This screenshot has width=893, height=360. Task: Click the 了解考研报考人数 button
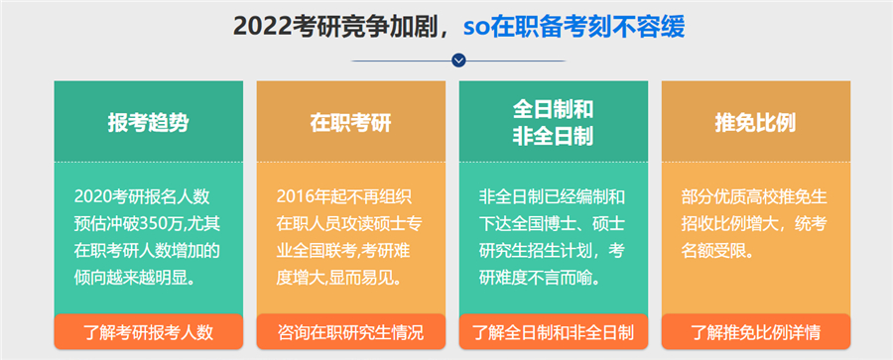148,331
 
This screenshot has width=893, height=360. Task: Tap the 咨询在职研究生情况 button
350,331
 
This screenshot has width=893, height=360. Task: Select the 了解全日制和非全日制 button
553,331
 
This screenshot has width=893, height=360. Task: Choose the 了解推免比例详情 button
755,331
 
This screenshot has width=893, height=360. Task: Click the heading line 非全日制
553,135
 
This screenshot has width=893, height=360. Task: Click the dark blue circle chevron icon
457,60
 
